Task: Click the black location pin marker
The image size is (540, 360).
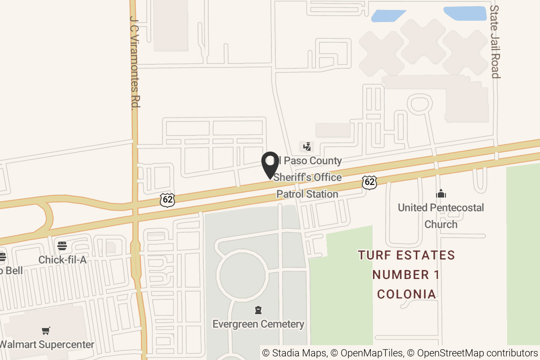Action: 270,165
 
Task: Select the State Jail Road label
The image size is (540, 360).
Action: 495,41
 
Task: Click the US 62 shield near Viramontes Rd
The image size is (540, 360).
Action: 167,200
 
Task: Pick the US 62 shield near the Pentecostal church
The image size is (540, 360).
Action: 369,182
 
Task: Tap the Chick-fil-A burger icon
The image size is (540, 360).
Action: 62,246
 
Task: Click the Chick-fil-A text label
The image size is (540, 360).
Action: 62,260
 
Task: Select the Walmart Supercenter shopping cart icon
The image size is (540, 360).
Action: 45,331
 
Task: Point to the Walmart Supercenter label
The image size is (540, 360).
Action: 47,345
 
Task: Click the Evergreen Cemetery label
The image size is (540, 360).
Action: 258,324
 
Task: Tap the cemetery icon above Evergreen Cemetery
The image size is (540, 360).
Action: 258,310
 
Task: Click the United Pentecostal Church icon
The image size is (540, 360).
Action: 441,194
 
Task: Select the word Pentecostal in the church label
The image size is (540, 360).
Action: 453,208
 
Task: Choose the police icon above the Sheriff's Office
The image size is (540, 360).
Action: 307,146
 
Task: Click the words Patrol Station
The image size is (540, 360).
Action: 307,194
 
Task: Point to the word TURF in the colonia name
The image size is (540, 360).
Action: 374,256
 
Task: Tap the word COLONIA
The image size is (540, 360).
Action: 406,294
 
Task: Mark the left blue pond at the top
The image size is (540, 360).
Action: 387,16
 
